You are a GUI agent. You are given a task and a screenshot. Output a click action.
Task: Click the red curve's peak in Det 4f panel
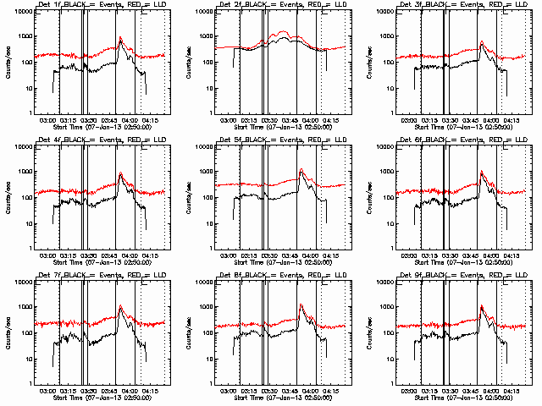[x=120, y=173]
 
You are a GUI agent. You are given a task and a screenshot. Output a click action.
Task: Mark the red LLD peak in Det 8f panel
[x=301, y=304]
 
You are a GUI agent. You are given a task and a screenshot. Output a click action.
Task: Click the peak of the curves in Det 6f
[x=482, y=172]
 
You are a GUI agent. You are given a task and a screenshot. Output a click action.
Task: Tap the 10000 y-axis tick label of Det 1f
[x=23, y=12]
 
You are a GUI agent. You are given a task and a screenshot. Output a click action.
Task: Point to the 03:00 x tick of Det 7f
[x=47, y=391]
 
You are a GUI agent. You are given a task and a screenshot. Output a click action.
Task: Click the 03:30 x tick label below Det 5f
[x=270, y=255]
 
